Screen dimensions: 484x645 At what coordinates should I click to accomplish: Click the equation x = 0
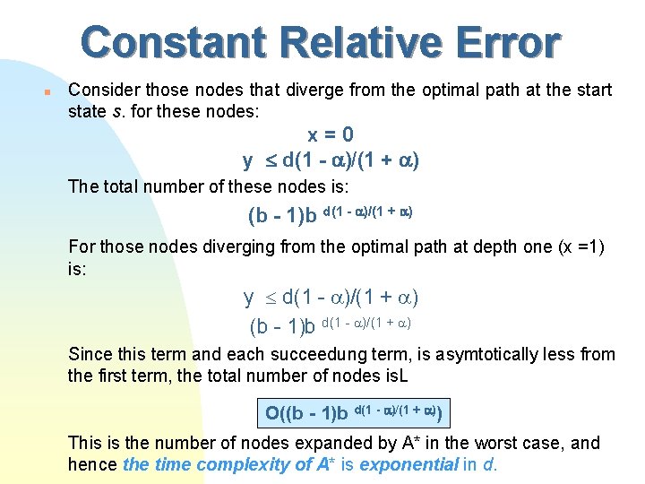coord(331,134)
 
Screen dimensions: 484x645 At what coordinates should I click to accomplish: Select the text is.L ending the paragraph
coord(395,376)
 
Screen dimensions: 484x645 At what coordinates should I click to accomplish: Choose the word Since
coord(90,354)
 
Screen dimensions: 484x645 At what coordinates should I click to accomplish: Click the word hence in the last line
coord(92,464)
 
